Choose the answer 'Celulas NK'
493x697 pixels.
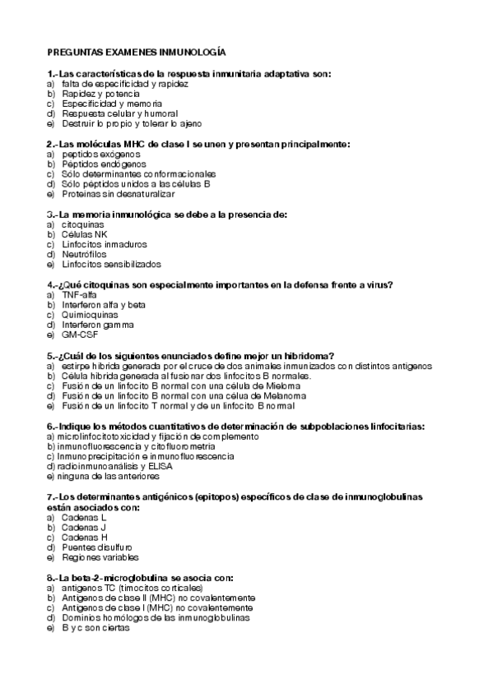pos(85,234)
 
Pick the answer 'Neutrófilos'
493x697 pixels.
pos(86,254)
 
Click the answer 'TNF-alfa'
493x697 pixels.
pos(80,295)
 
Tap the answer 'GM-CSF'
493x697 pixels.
pos(80,335)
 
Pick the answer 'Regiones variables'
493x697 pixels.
pos(99,556)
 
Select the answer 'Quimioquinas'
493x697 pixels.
pos(90,315)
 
